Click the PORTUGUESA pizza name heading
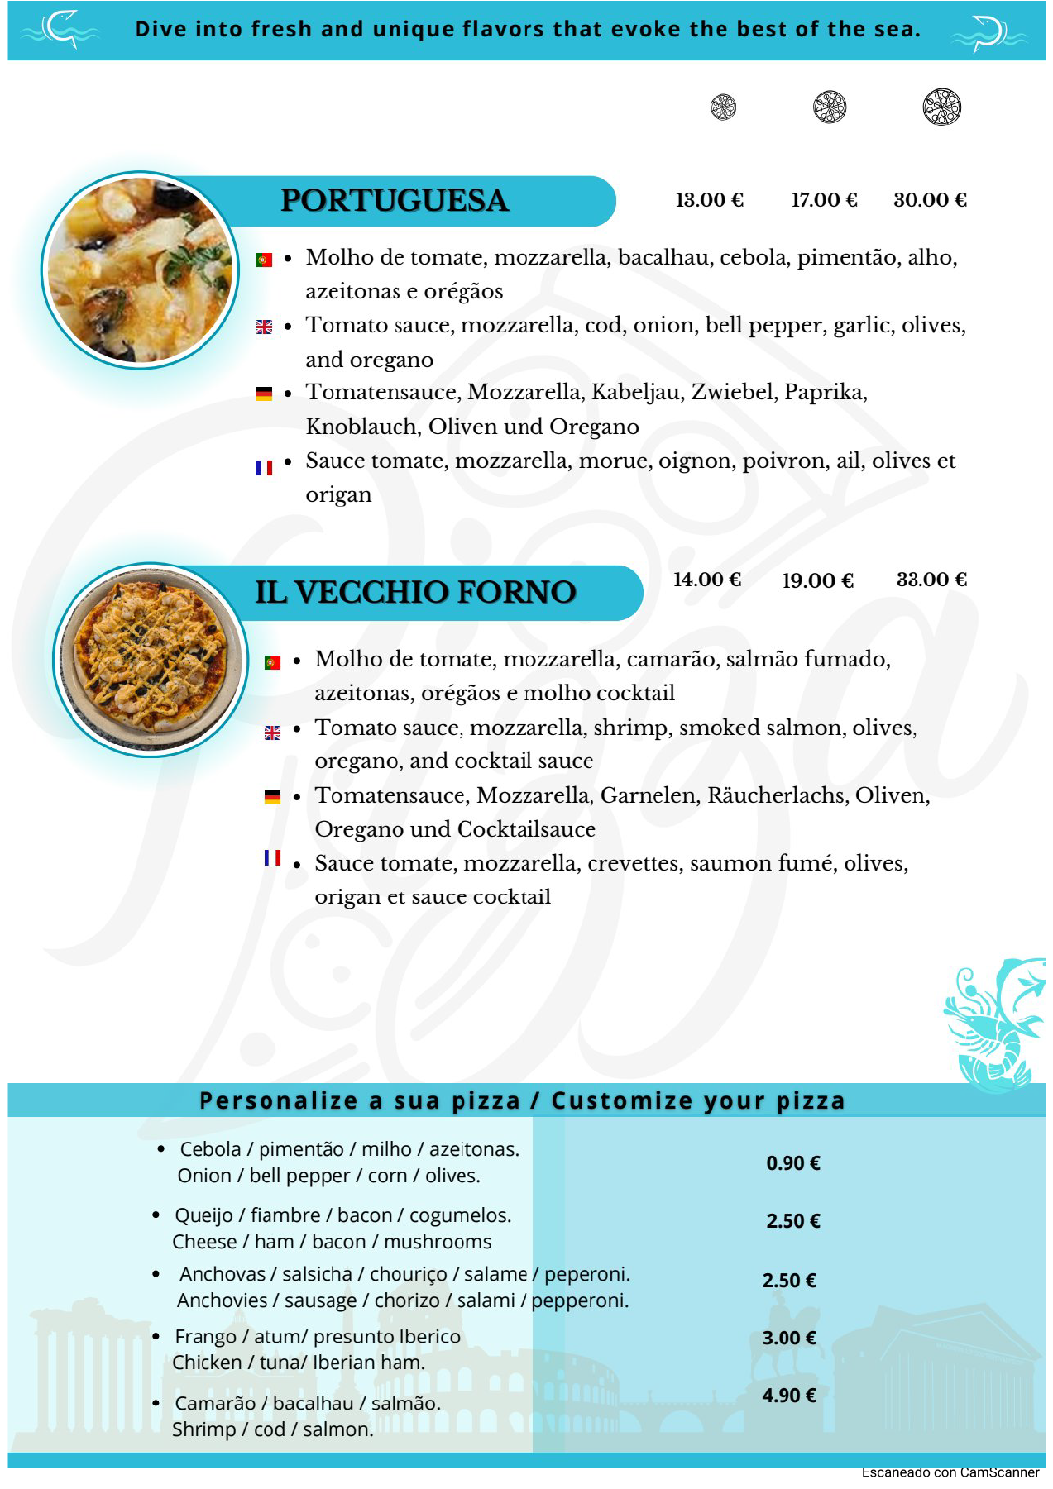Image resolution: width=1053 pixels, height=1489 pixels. [394, 201]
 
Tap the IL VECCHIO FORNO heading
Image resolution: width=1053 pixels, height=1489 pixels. [414, 592]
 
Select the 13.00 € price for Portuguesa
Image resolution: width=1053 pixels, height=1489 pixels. [709, 200]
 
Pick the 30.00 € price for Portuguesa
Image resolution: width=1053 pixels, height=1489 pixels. [930, 200]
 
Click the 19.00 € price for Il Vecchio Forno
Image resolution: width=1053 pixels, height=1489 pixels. [817, 580]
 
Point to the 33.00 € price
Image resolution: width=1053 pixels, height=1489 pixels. [931, 580]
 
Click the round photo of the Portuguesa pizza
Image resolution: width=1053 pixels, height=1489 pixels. [140, 270]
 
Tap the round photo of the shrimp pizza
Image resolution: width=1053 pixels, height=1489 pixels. [151, 660]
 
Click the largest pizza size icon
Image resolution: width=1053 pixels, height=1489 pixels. [941, 107]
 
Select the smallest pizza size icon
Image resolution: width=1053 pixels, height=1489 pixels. [723, 107]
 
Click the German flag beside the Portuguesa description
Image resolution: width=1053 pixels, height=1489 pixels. [264, 394]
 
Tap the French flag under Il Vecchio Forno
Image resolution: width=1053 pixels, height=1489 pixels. [272, 858]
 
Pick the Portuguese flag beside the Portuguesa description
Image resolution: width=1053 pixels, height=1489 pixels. [264, 260]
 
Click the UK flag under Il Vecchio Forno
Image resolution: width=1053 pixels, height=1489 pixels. [272, 733]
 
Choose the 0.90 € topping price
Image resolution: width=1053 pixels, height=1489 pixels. [792, 1163]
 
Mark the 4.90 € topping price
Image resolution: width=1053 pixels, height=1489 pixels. [788, 1396]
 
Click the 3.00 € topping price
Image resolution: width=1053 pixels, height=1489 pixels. [788, 1338]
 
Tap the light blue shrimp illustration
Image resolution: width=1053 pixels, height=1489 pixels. [993, 1025]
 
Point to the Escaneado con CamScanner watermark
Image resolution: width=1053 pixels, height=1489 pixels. [950, 1472]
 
